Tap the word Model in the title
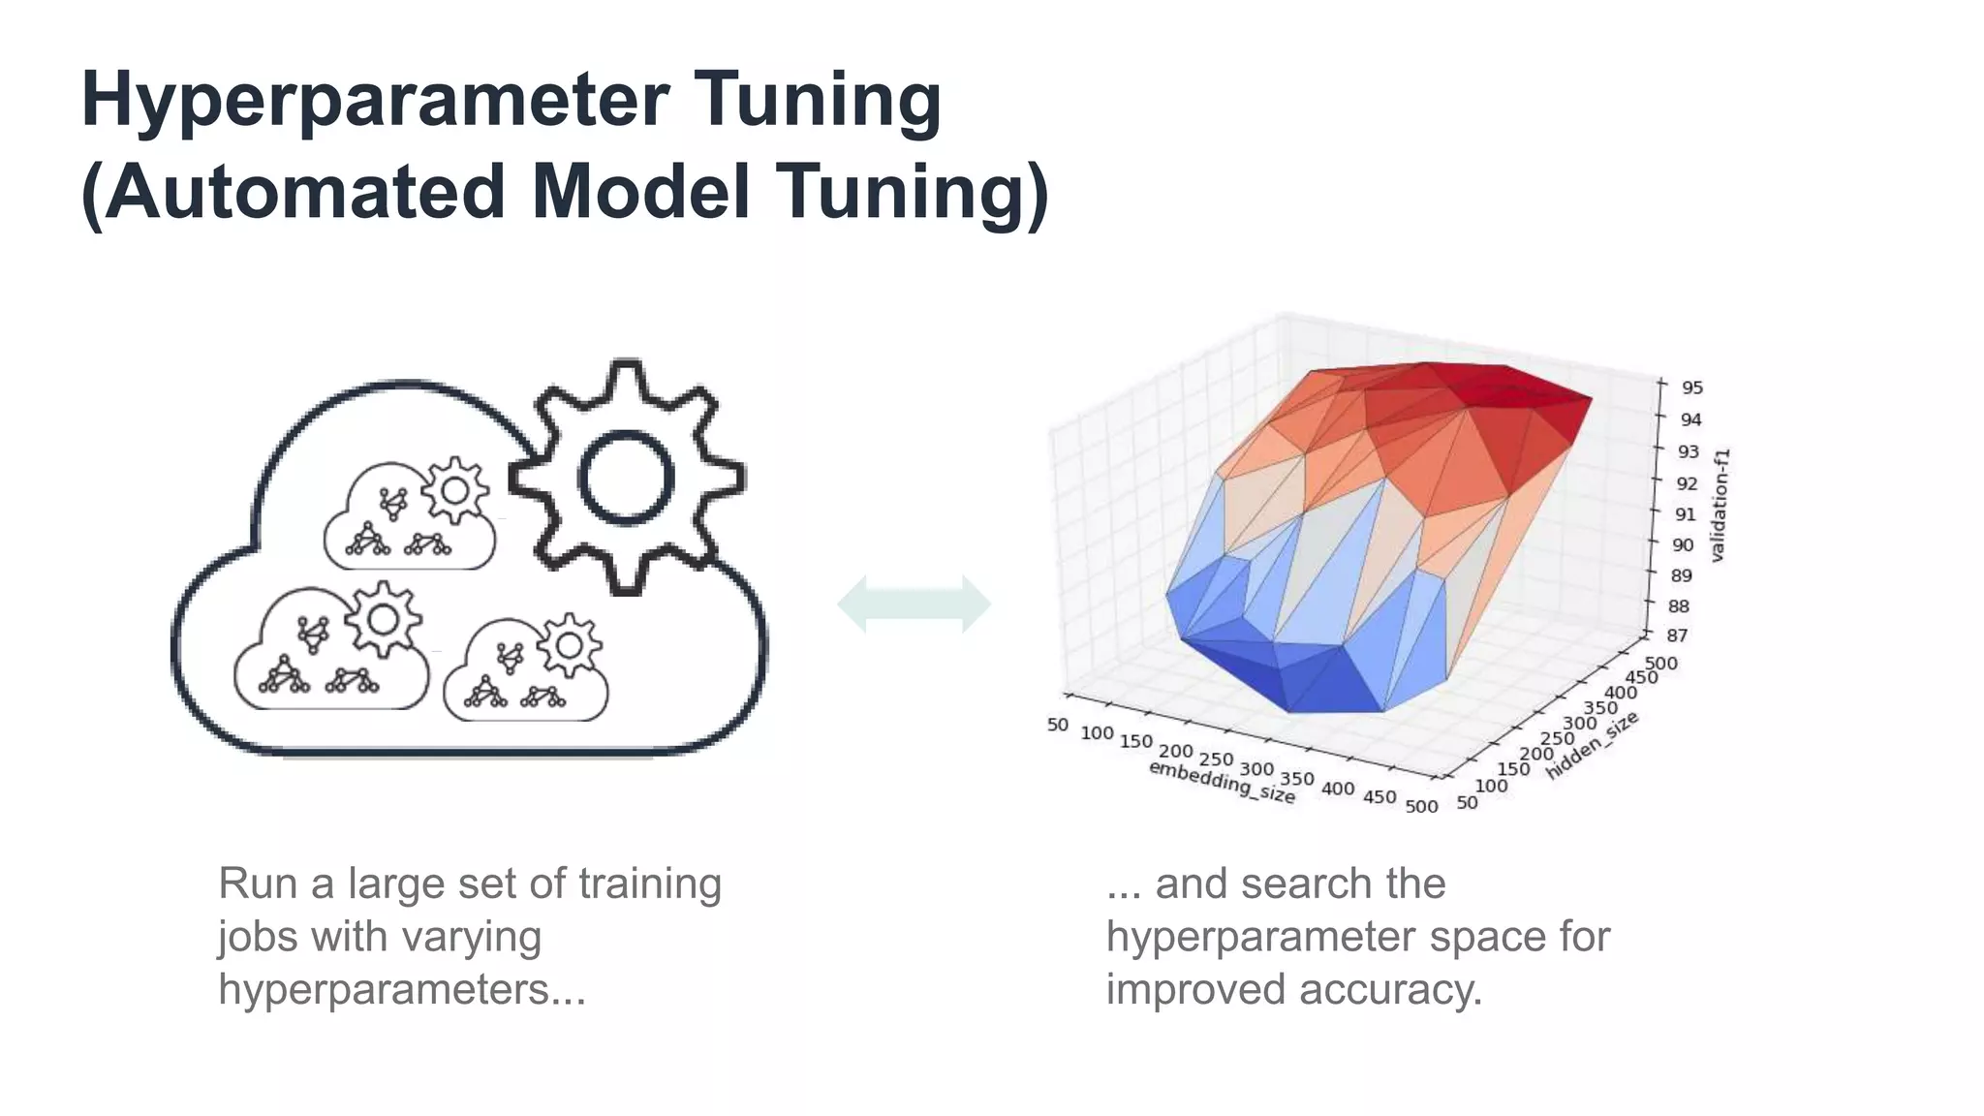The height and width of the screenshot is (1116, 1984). point(641,192)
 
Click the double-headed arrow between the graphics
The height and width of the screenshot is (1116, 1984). point(914,604)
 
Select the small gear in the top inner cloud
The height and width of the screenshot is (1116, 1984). point(453,489)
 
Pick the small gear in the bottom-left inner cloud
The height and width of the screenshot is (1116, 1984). point(384,619)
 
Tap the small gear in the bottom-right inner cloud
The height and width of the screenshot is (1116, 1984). point(569,645)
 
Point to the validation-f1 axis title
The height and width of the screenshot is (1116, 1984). point(1719,505)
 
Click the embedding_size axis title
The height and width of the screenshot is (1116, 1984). point(1222,782)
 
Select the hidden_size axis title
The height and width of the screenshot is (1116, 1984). point(1592,745)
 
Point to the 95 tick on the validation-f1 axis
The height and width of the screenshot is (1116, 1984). point(1691,387)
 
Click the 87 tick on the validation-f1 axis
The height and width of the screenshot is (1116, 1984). point(1676,635)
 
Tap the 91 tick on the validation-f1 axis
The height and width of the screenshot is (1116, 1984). point(1686,513)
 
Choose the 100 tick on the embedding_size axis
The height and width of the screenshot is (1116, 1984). point(1097,733)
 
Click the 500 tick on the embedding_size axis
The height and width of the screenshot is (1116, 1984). point(1421,806)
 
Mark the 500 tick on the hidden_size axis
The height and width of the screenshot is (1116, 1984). point(1661,664)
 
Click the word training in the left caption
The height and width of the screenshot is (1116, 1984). point(650,883)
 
